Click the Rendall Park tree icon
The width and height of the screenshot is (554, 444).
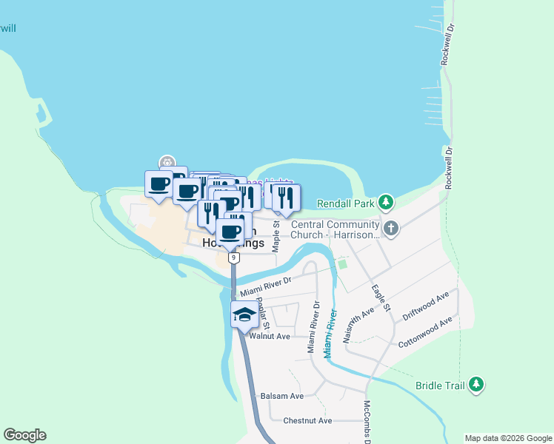coord(385,202)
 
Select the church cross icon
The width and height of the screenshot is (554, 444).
coord(392,229)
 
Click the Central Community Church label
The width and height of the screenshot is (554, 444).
coord(335,229)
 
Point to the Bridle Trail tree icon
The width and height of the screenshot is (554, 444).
coord(478,384)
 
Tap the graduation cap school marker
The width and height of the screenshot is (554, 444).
coord(244,314)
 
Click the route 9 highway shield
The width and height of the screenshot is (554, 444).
coord(234,258)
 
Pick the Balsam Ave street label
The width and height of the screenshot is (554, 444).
coord(282,396)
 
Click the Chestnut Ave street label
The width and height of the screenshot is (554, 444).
coord(307,420)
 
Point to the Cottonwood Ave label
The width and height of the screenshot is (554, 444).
coord(425,334)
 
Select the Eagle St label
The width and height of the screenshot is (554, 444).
coord(381,298)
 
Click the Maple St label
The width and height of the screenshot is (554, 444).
coord(276,235)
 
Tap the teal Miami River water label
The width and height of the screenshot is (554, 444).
coord(331,333)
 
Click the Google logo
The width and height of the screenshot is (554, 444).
coord(24,435)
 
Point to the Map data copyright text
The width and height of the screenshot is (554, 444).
coord(508,438)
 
